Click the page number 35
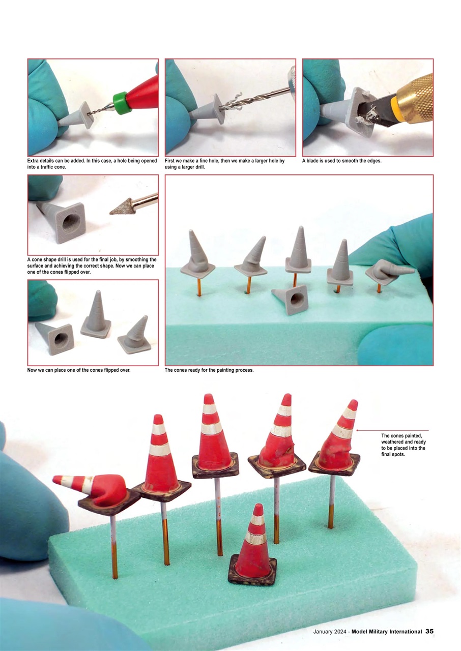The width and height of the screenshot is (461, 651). (x=429, y=631)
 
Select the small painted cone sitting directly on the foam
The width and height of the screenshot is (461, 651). (x=254, y=549)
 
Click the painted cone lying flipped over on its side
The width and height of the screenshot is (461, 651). (x=97, y=488)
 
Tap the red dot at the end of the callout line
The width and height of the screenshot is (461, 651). (x=358, y=430)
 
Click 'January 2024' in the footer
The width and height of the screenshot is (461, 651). (x=330, y=631)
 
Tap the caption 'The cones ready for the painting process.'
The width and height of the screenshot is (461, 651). (x=209, y=370)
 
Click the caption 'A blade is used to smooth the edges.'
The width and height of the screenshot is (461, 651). (x=341, y=161)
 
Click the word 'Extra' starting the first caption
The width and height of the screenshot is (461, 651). (x=34, y=161)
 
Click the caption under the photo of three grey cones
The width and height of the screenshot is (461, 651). (x=79, y=370)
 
